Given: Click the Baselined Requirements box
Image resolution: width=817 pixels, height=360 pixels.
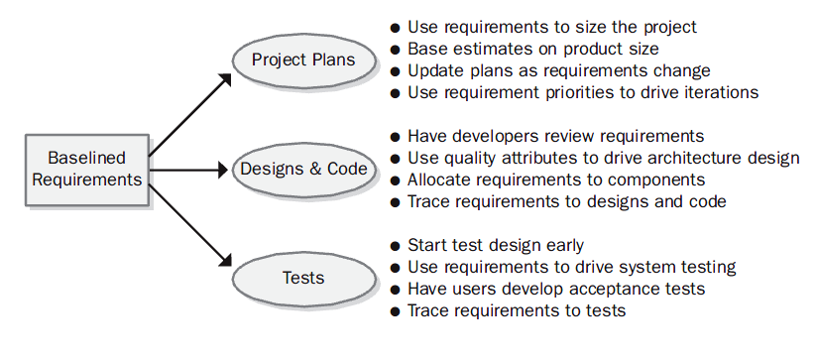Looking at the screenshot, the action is (x=87, y=170).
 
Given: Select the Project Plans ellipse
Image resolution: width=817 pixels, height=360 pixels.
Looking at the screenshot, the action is (x=303, y=60).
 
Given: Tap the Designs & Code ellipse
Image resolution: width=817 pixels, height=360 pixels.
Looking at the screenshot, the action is (x=303, y=170).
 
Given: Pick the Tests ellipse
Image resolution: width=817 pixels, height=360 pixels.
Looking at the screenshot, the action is (x=303, y=279).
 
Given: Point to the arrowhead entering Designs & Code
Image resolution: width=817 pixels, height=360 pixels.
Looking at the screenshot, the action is (x=222, y=170).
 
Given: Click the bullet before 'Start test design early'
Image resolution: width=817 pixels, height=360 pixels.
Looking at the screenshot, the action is (x=395, y=246).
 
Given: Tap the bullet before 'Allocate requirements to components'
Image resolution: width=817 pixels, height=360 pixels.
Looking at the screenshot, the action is (x=395, y=180).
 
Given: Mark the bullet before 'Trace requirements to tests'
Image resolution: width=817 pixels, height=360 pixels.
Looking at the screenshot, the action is (x=395, y=311).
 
